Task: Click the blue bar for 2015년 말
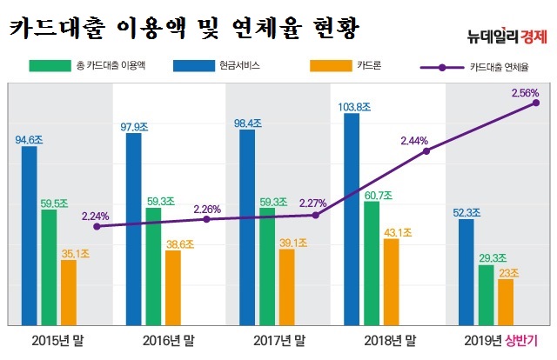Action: (30, 235)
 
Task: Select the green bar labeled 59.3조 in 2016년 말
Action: (153, 265)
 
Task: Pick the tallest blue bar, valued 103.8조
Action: (352, 217)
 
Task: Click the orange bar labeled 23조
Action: (505, 301)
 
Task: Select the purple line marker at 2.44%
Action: (426, 150)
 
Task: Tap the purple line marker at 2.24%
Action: (97, 226)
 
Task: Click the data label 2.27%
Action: (313, 204)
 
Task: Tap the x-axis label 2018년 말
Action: (388, 340)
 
